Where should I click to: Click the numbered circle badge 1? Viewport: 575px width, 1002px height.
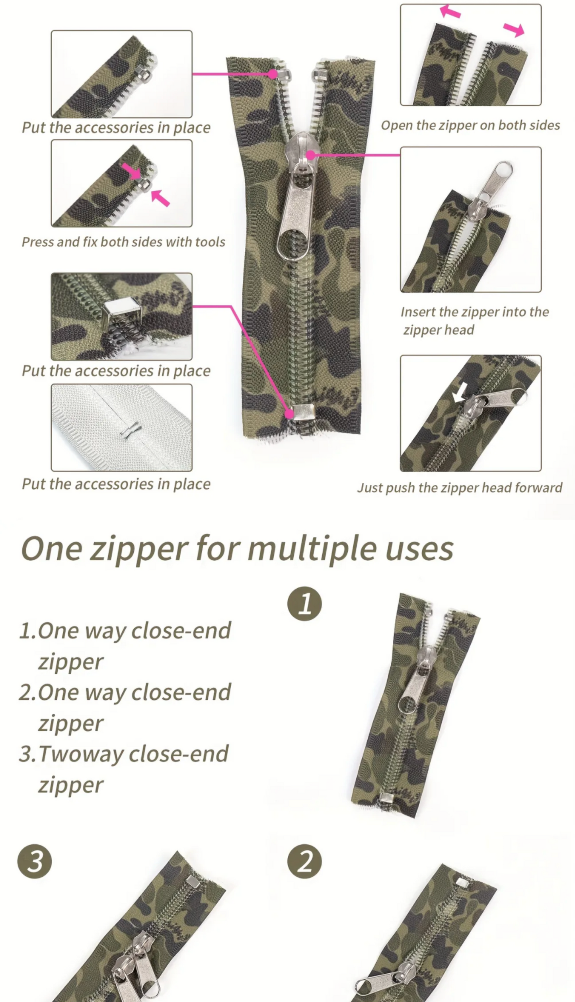(x=304, y=604)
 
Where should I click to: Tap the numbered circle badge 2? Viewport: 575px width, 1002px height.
(x=304, y=863)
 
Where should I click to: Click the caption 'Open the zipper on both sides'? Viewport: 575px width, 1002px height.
(x=470, y=125)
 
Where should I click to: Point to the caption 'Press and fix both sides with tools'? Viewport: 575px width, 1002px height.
(x=123, y=242)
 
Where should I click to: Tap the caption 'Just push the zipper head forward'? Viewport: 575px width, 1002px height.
(x=460, y=488)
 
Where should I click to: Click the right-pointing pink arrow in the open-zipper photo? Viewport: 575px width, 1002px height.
(x=514, y=29)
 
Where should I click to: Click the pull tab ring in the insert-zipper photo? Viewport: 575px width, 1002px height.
(x=503, y=170)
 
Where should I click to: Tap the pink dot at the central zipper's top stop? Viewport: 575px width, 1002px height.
(x=272, y=74)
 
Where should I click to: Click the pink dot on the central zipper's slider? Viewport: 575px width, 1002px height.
(x=311, y=155)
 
